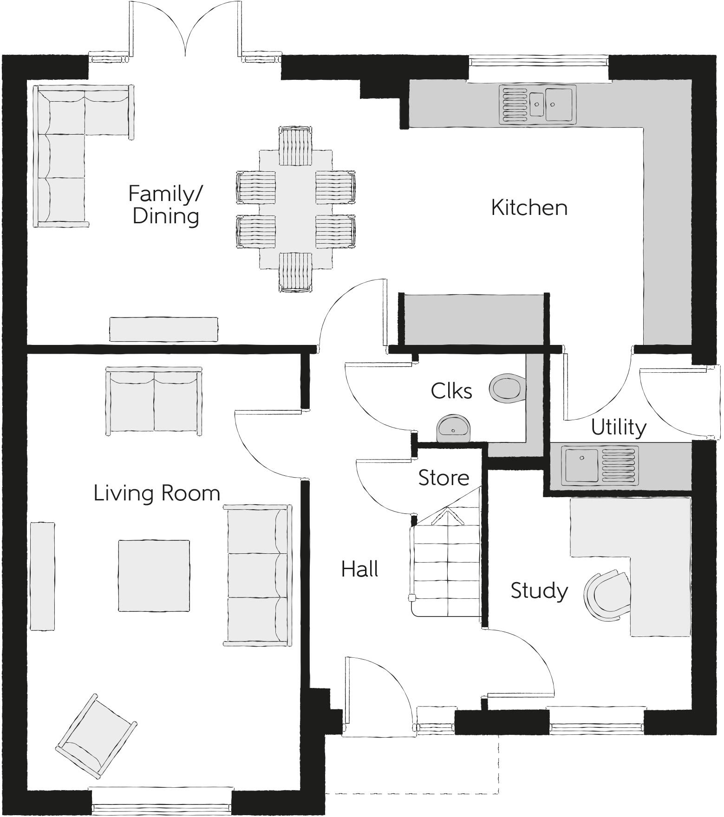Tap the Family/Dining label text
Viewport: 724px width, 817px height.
pos(165,205)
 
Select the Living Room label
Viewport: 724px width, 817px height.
pos(157,493)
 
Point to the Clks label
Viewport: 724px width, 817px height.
pos(451,391)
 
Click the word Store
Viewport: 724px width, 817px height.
pos(444,478)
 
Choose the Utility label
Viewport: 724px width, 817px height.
pos(618,427)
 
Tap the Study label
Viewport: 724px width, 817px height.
pos(539,590)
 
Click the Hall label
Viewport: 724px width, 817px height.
pos(359,569)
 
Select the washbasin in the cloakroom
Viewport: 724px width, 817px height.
pos(453,428)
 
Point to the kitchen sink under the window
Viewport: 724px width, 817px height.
pos(537,105)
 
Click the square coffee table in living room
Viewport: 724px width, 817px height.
pos(154,576)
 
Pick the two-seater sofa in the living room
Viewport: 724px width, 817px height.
pos(154,401)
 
